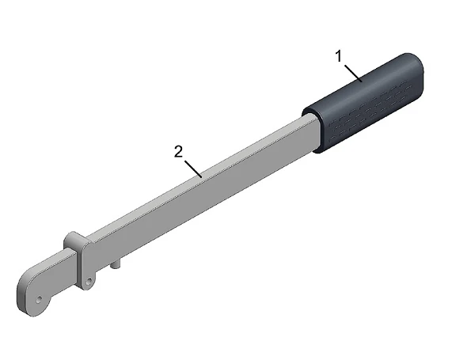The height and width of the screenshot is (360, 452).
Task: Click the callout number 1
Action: coord(339,56)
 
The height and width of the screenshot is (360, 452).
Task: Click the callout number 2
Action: coord(178,152)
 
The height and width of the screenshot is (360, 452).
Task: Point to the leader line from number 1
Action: coord(353,74)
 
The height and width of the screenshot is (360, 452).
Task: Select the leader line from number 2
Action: coord(193,169)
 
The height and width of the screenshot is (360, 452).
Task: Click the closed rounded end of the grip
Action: coord(415,72)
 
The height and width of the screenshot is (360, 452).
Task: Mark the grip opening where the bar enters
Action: coord(312,130)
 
